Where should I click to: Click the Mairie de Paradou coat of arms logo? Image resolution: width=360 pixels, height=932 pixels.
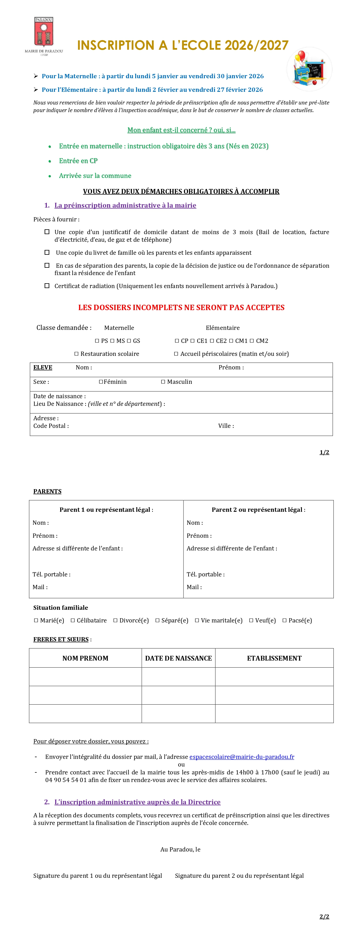tap(44, 35)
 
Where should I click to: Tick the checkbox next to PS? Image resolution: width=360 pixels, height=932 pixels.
tap(97, 341)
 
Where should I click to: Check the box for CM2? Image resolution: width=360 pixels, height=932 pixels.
tap(252, 341)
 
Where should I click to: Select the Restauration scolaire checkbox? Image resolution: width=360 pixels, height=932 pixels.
tap(76, 354)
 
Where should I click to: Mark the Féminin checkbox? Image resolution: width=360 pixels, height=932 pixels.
tap(101, 382)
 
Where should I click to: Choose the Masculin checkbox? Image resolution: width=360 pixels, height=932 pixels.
tap(163, 382)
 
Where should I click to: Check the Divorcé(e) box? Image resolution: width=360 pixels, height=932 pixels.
tap(115, 620)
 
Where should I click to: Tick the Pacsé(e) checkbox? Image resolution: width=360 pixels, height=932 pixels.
tap(284, 620)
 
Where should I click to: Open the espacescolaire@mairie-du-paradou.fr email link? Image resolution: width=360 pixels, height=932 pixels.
tap(242, 757)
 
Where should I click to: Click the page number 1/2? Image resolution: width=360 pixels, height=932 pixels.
tap(324, 452)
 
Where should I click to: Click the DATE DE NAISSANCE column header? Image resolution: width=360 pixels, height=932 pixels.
tap(178, 658)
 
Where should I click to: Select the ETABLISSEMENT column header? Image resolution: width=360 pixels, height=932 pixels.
tap(274, 658)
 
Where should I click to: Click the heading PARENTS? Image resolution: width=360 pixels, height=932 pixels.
tap(47, 491)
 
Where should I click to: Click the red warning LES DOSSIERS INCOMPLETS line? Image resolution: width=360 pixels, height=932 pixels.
tap(181, 308)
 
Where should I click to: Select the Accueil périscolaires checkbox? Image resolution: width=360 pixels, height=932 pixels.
tap(176, 354)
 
